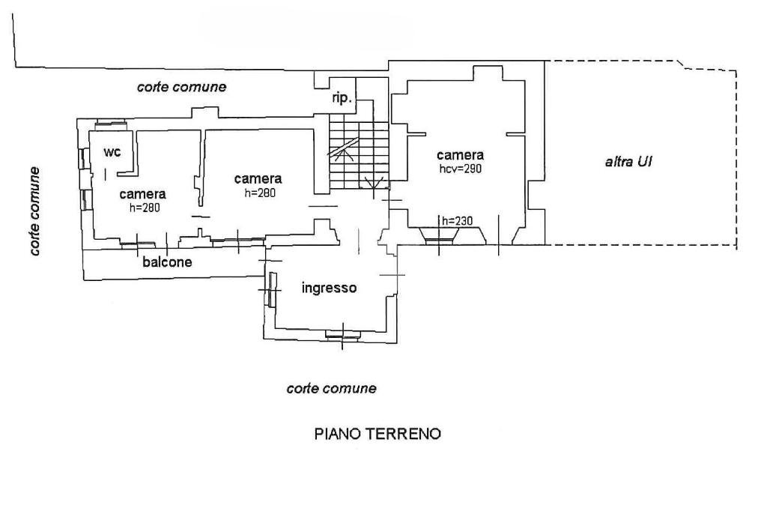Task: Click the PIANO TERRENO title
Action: point(378,434)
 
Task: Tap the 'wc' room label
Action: point(112,152)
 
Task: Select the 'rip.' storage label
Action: point(342,98)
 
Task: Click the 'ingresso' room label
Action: point(328,288)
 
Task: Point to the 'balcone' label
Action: point(167,262)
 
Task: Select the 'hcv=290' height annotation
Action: point(461,169)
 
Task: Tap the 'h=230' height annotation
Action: point(456,220)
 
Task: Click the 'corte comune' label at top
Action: point(181,87)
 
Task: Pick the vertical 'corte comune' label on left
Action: point(35,211)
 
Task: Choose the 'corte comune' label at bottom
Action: point(331,388)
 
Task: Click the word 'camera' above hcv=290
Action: point(460,155)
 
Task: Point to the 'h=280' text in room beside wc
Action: point(145,208)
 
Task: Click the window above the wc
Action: point(110,124)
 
